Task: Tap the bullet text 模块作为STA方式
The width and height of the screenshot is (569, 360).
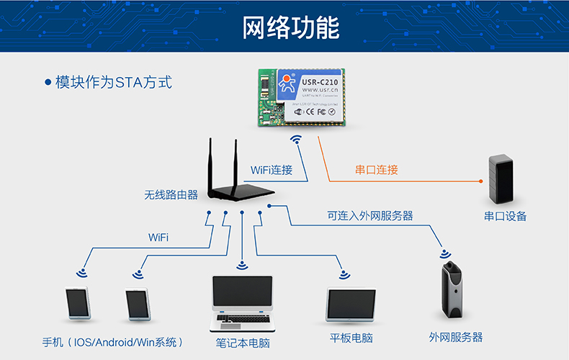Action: pos(108,81)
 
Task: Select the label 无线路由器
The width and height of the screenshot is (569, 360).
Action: pos(171,194)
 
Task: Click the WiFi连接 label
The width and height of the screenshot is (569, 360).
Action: pos(272,170)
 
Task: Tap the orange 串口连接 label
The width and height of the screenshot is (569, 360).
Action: pos(376,170)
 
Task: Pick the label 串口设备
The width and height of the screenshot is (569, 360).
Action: pos(505,216)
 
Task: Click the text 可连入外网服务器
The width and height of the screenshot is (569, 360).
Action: pos(369,215)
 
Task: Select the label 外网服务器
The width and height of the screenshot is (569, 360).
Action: pos(455,337)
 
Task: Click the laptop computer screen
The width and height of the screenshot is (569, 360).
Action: pos(242,294)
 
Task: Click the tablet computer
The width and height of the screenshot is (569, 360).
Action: pos(351,305)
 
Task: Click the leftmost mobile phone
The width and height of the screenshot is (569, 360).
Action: pos(77,304)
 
